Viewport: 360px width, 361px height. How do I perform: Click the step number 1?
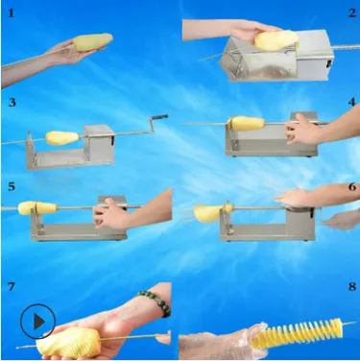12,12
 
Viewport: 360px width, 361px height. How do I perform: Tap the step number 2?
352,12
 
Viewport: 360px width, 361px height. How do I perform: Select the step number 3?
12,102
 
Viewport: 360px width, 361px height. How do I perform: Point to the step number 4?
352,102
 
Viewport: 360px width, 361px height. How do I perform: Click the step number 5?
12,186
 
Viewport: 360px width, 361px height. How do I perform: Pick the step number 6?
352,186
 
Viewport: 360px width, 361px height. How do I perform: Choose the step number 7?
12,286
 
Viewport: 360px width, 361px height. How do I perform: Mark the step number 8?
352,286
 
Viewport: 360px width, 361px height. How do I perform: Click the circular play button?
38,322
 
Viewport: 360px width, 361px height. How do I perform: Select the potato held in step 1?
93,42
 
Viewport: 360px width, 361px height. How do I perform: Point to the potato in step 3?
62,138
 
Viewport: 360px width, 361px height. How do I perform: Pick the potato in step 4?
247,123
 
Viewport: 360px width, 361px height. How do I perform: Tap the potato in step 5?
37,208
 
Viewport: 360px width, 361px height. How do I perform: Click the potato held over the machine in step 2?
276,40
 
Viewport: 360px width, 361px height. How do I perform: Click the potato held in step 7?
68,343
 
